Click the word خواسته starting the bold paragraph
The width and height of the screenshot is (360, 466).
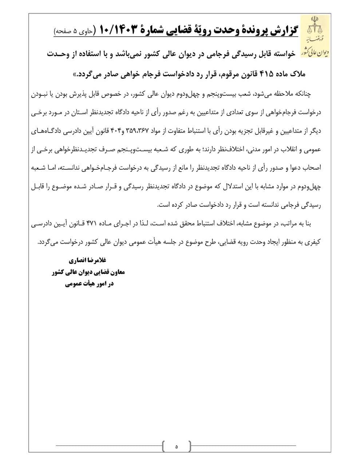click(286, 54)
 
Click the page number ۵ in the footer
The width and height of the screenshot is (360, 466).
click(176, 446)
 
